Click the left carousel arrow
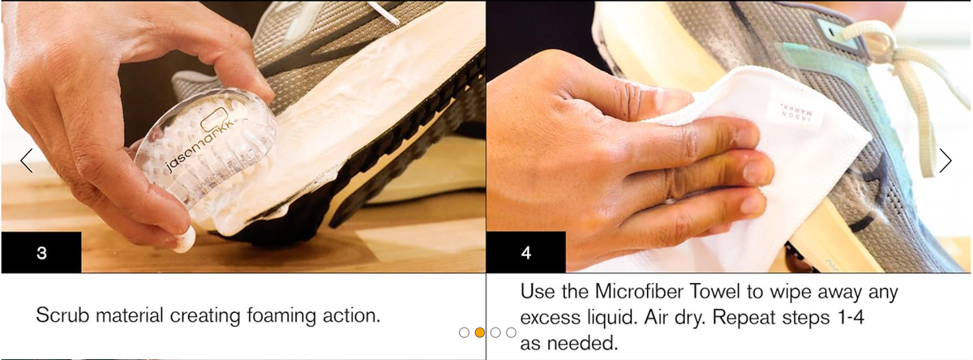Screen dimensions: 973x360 click(x=27, y=161)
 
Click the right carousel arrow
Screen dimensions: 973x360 click(x=945, y=161)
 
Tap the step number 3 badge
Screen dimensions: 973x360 click(x=41, y=252)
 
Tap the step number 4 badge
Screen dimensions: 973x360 click(x=525, y=252)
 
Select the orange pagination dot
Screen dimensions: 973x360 click(x=479, y=332)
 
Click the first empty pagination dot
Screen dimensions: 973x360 click(x=464, y=332)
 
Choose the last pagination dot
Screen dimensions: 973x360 click(x=512, y=332)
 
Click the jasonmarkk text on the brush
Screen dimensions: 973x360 click(x=199, y=145)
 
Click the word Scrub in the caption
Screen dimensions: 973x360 click(x=63, y=315)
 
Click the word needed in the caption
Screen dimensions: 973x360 click(x=582, y=343)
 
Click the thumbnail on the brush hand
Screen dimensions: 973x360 click(x=184, y=239)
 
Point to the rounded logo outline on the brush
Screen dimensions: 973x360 click(x=215, y=119)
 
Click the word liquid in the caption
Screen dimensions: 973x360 click(x=611, y=319)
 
